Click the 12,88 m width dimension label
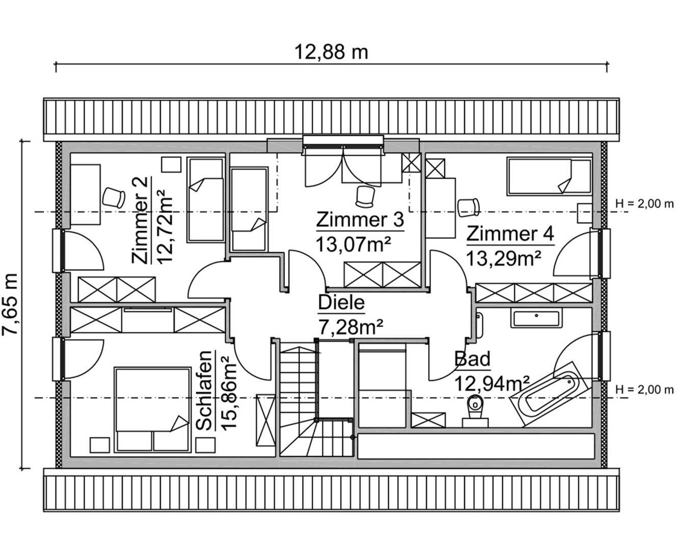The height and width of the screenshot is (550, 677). tap(332, 52)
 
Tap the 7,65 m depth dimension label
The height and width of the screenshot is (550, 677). tap(10, 304)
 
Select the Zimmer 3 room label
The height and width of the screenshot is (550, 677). tap(360, 219)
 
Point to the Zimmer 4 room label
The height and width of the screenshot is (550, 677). tap(510, 234)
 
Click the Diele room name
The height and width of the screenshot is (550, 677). tap(341, 302)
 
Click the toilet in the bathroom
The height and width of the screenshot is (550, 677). tap(475, 411)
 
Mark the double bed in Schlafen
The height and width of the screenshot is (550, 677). tap(152, 410)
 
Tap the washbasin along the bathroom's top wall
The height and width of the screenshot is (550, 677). tap(536, 319)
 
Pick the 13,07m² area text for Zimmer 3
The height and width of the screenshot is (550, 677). tap(353, 244)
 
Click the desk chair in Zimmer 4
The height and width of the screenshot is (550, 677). tap(468, 207)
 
